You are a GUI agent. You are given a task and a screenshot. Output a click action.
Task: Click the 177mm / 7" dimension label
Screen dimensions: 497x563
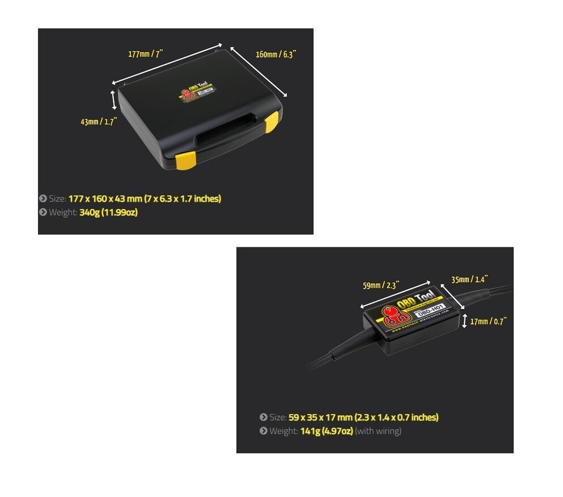(x=145, y=54)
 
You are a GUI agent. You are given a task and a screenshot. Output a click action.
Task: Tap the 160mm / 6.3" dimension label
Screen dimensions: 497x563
(x=276, y=54)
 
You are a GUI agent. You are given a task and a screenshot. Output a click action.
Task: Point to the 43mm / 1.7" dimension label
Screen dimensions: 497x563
(x=99, y=122)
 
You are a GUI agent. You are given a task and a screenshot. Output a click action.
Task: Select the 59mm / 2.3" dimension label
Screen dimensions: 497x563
(x=381, y=286)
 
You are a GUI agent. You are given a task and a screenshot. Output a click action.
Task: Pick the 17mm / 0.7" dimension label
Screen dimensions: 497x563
(x=489, y=321)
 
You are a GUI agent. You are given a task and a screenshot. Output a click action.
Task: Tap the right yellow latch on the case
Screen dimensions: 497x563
(x=271, y=123)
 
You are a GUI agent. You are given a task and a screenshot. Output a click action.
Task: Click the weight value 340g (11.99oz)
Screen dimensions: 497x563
(x=108, y=212)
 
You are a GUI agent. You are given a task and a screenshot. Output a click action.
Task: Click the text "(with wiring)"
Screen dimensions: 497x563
(x=378, y=431)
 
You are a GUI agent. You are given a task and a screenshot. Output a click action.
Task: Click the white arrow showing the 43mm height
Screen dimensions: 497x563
(x=114, y=99)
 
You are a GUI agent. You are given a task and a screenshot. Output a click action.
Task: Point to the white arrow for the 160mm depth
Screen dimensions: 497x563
(x=259, y=72)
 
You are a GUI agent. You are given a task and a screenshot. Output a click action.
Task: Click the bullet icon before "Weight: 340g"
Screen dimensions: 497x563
(x=43, y=212)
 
